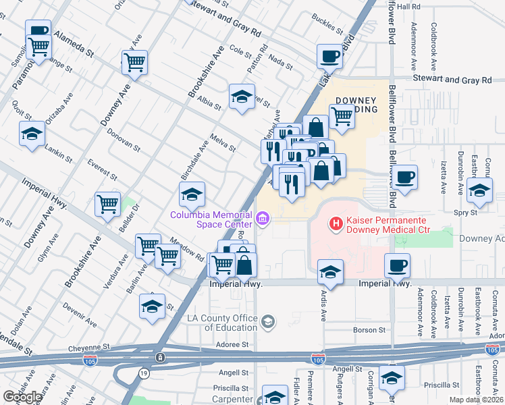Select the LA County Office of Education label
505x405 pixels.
pyautogui.click(x=223, y=323)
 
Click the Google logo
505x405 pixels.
pyautogui.click(x=22, y=396)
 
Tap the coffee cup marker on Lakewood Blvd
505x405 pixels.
pyautogui.click(x=329, y=57)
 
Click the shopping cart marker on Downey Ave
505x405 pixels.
pyautogui.click(x=135, y=63)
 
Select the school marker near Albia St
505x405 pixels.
pyautogui.click(x=242, y=97)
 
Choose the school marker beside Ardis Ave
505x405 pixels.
pyautogui.click(x=329, y=273)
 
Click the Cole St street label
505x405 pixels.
pyautogui.click(x=240, y=50)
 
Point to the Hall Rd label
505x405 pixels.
pyautogui.click(x=408, y=6)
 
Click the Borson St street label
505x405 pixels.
pyautogui.click(x=369, y=330)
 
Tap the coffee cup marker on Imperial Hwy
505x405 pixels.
pyautogui.click(x=397, y=266)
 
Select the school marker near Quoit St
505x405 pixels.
pyautogui.click(x=32, y=134)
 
